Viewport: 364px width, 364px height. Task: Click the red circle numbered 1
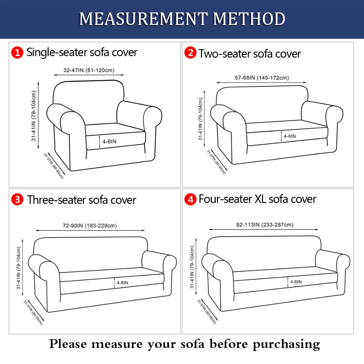[x=17, y=52]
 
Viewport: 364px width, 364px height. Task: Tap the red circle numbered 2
[x=190, y=52]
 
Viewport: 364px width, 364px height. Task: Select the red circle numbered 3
[x=17, y=199]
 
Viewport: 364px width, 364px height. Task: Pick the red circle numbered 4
[x=190, y=199]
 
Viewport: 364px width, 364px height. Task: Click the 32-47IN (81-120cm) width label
[x=89, y=70]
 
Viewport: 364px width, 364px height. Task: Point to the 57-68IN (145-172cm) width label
[x=262, y=78]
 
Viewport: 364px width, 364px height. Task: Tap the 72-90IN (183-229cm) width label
[x=90, y=226]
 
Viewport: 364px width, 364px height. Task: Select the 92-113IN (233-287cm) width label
[x=265, y=225]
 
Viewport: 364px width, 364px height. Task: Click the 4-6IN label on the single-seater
[x=110, y=141]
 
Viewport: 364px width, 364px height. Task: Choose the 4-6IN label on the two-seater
[x=290, y=136]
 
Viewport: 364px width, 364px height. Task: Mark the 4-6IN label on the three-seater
[x=123, y=283]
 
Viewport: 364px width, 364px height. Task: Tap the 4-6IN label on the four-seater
[x=296, y=282]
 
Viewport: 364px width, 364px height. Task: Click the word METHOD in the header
[x=249, y=19]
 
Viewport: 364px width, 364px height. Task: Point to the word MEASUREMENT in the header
[x=143, y=19]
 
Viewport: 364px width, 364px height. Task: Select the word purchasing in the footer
[x=286, y=344]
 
